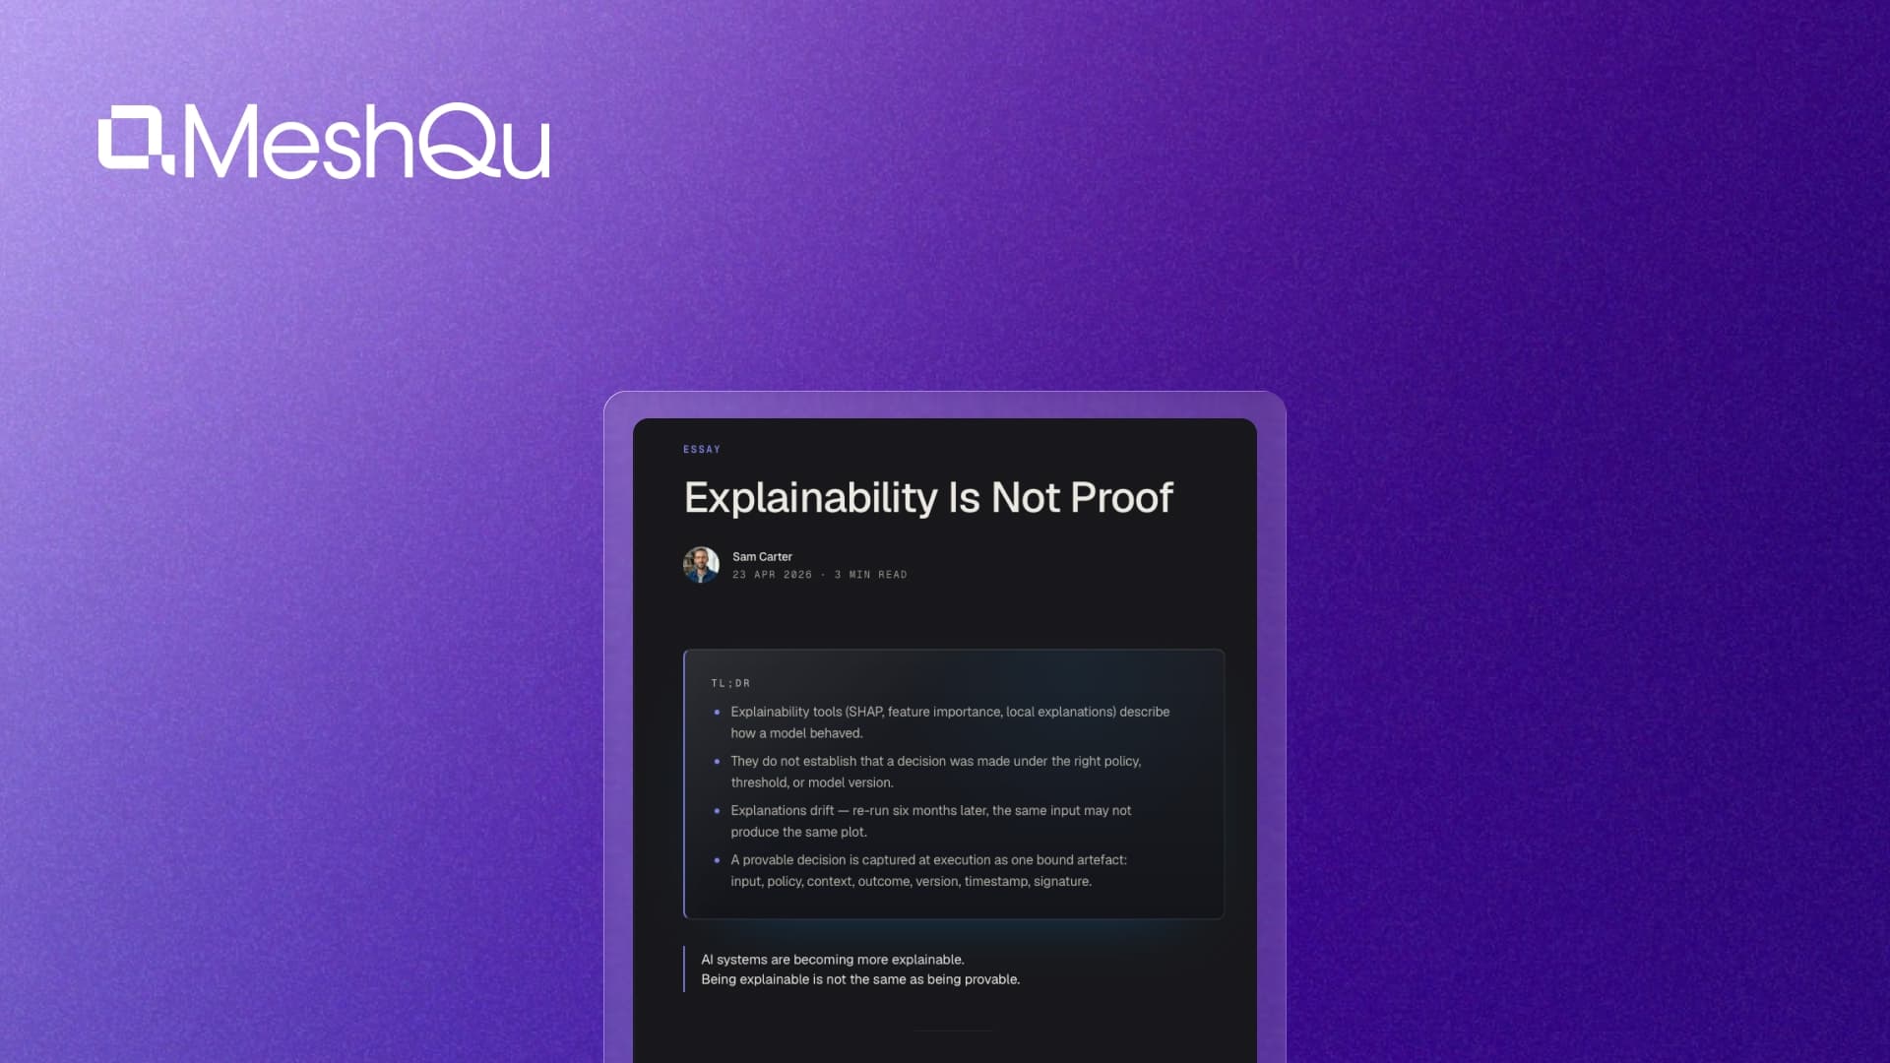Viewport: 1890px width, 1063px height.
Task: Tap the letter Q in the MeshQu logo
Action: click(458, 141)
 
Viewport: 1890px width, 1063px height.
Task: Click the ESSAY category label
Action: click(702, 450)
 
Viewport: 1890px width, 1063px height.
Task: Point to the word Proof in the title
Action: click(1121, 498)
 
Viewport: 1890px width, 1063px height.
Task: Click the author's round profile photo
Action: click(701, 565)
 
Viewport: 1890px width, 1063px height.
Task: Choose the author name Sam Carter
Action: click(762, 557)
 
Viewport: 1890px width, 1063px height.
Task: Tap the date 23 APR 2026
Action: click(772, 575)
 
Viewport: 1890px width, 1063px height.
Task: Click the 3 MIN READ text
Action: click(870, 575)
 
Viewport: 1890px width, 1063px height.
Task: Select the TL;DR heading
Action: click(730, 683)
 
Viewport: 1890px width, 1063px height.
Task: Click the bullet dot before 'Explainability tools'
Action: click(717, 712)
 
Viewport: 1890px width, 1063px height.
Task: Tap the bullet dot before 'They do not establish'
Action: click(717, 761)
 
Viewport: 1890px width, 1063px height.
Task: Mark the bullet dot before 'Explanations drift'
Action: click(717, 810)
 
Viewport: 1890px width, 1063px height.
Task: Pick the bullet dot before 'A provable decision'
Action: click(717, 859)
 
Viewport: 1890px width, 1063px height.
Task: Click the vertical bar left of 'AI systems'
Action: click(684, 969)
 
